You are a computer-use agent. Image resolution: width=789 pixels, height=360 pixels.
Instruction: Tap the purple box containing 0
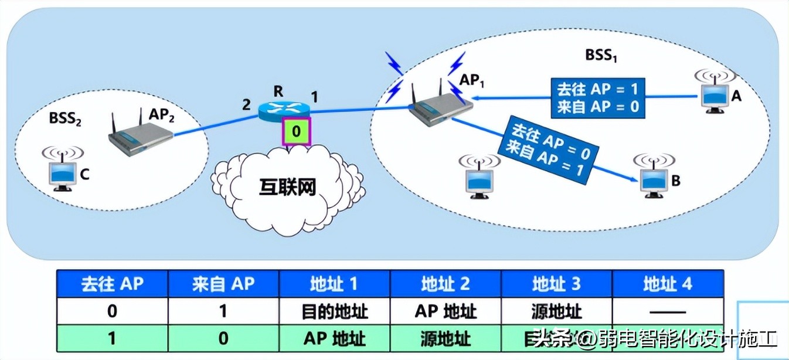[x=296, y=131]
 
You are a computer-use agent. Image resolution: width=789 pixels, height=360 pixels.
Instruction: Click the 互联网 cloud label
[x=287, y=187]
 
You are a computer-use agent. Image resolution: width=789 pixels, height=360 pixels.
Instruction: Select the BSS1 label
[x=601, y=56]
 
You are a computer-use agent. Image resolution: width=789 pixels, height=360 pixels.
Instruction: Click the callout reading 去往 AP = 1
[x=597, y=98]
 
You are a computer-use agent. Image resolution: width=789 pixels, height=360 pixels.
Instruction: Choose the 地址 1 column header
[x=334, y=284]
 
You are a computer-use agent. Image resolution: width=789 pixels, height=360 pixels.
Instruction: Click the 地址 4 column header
[x=667, y=284]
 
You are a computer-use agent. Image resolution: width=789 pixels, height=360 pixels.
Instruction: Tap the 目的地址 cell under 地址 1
[x=334, y=311]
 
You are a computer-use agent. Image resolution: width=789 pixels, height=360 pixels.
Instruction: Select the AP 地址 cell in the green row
[x=334, y=338]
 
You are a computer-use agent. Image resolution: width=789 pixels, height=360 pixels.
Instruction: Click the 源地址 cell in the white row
[x=556, y=311]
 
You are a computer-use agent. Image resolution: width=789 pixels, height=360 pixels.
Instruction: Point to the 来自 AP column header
[x=223, y=284]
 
